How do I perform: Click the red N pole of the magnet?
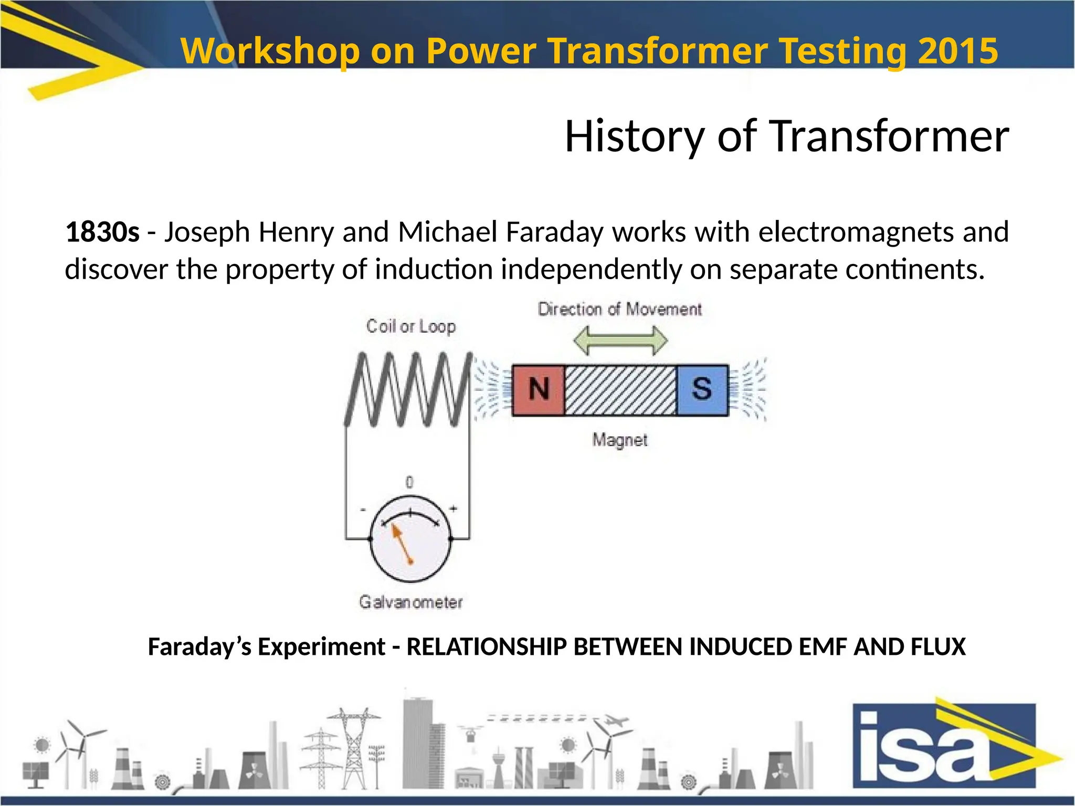(539, 390)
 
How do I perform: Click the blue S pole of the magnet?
(702, 390)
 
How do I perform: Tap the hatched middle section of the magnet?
(620, 390)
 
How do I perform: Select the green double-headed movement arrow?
(620, 341)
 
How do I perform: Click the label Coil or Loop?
(411, 326)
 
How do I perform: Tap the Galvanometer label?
(411, 602)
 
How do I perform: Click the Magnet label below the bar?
(620, 440)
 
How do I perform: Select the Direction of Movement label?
(620, 309)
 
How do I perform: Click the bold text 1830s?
(102, 232)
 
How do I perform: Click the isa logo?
(945, 745)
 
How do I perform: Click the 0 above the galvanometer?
(409, 482)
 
